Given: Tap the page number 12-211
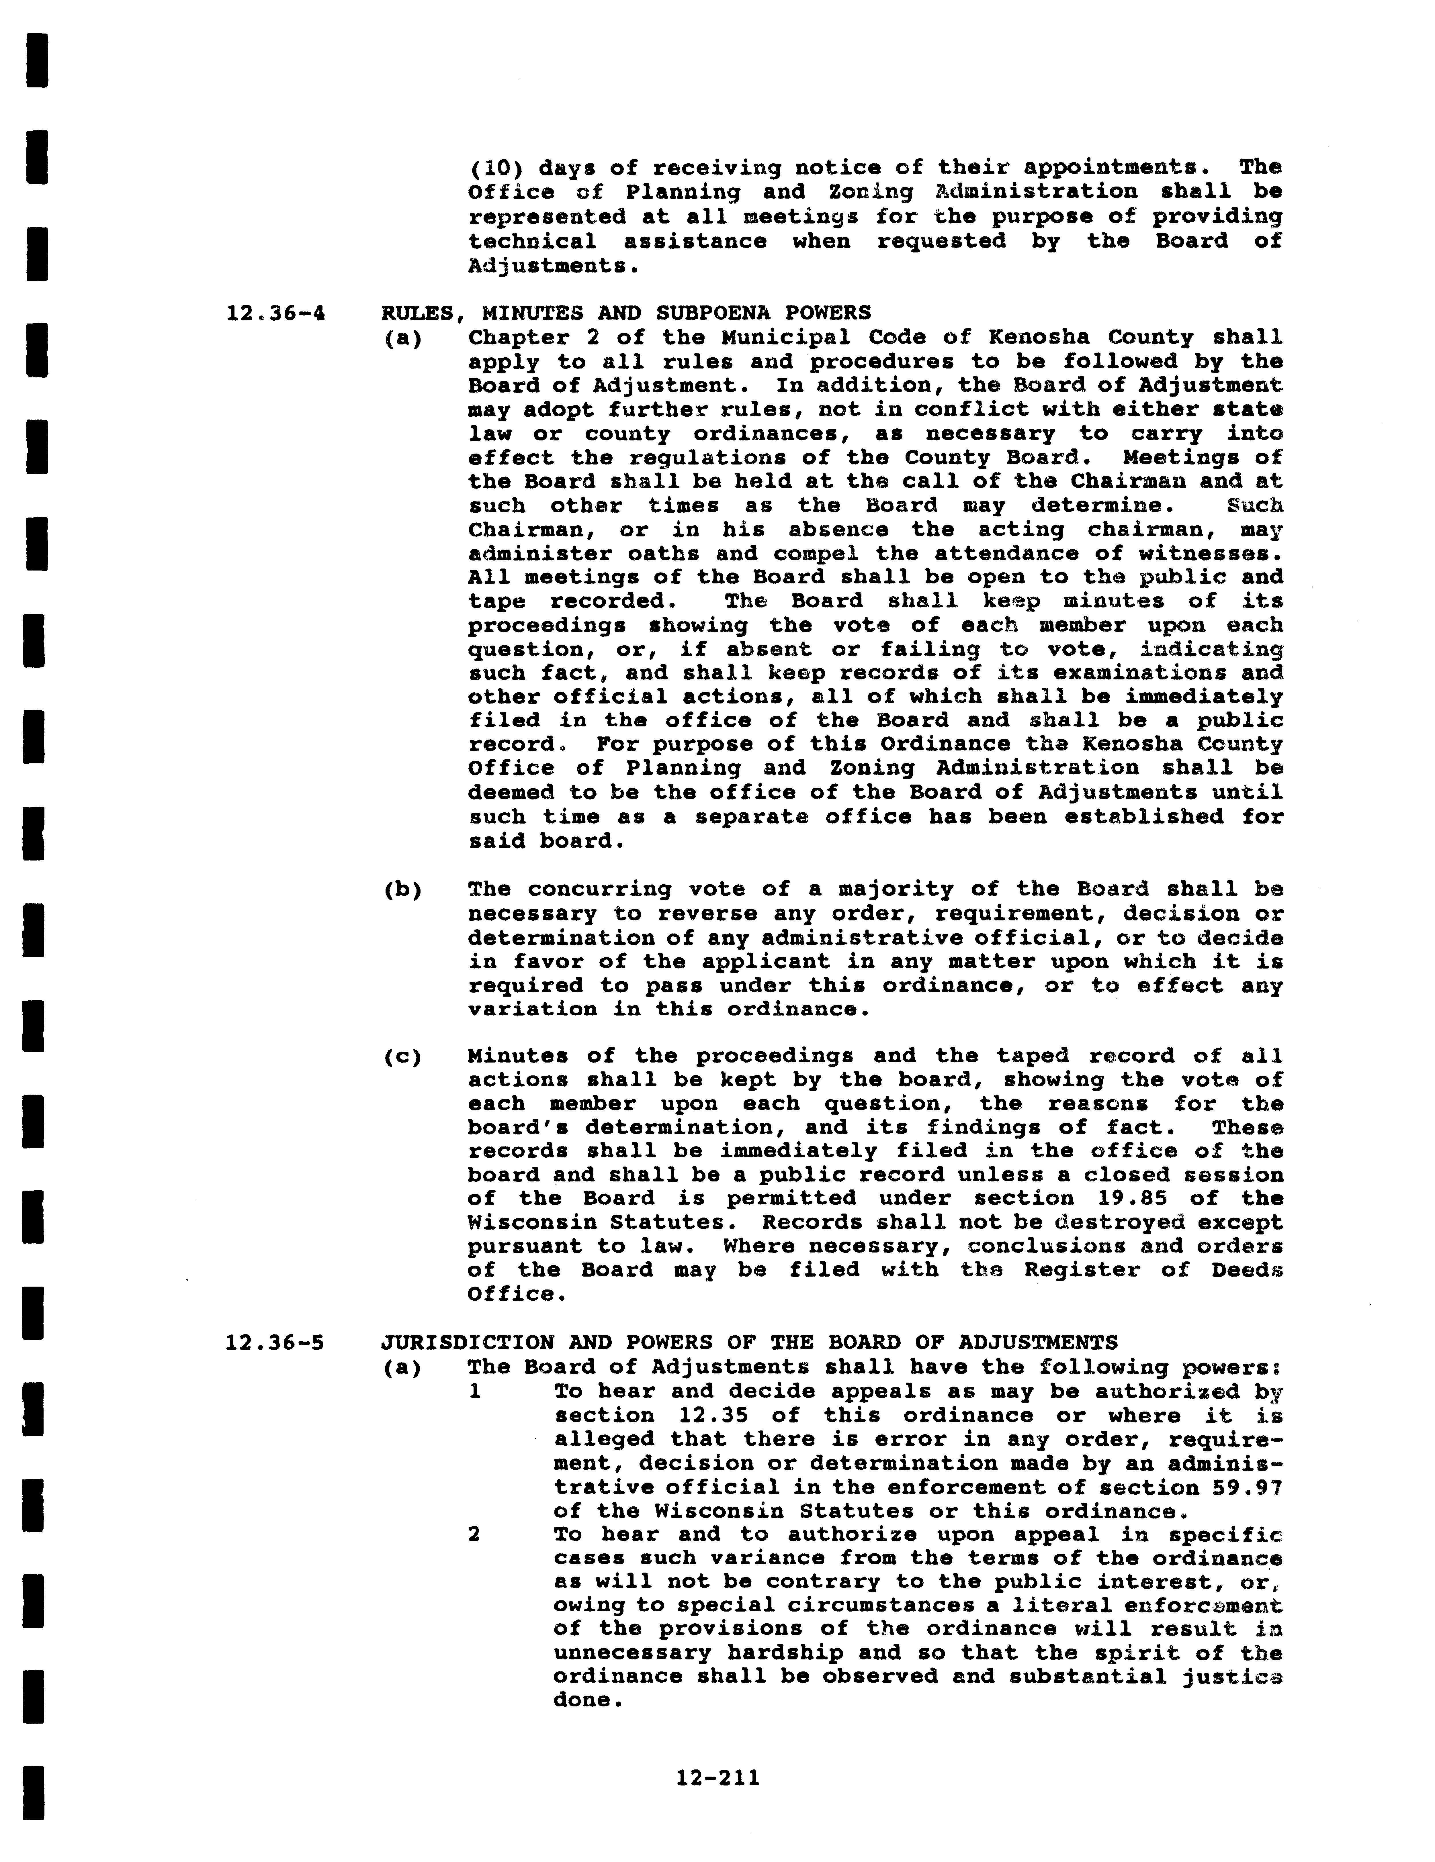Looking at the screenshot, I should click(x=717, y=1777).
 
